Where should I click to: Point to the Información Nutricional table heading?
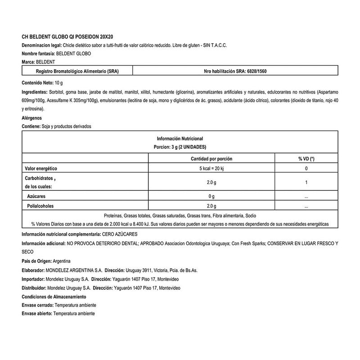click(180, 139)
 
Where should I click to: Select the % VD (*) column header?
click(306, 159)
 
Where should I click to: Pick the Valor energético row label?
click(42, 169)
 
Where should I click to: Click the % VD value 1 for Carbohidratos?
click(306, 182)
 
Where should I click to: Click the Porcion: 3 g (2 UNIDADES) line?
click(180, 147)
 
